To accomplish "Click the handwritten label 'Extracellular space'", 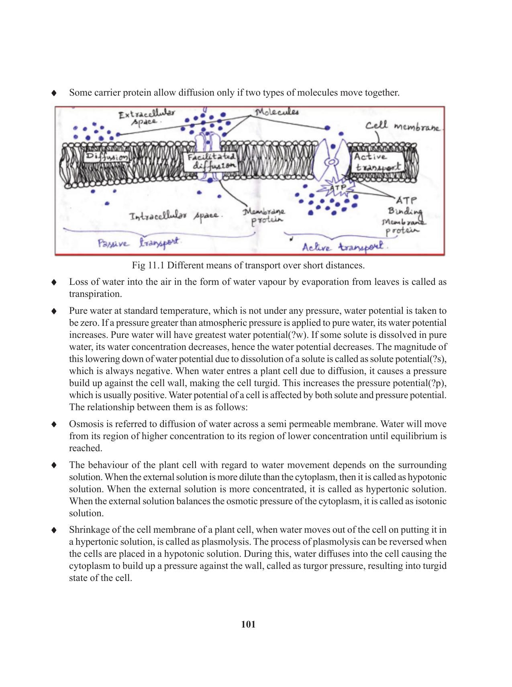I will (147, 117).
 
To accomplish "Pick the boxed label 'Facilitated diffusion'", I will (210, 162).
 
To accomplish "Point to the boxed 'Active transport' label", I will (377, 162).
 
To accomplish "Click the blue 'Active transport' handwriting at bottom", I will (343, 247).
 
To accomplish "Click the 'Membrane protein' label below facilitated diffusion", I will (264, 215).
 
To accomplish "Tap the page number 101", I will (249, 624).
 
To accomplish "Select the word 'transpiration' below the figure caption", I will (95, 294).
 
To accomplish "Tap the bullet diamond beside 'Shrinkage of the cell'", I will (53, 530).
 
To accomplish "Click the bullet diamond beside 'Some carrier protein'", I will (53, 93).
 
